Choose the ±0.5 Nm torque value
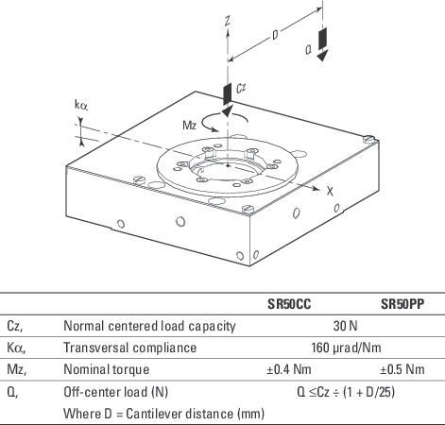(405, 369)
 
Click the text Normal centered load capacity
(149, 326)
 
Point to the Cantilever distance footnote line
(163, 413)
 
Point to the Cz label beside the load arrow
(241, 89)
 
